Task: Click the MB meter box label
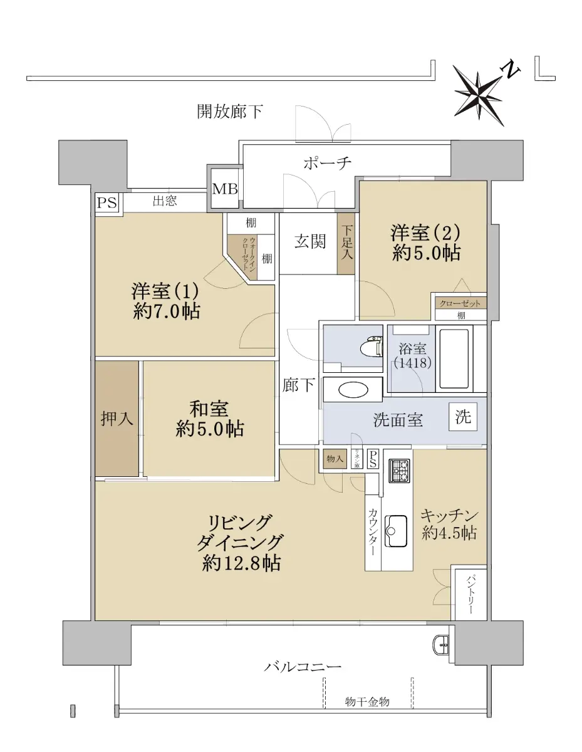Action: (225, 189)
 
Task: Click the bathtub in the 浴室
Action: (454, 358)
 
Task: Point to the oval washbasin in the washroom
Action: (353, 390)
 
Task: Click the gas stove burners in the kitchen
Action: (400, 471)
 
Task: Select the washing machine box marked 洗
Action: (463, 417)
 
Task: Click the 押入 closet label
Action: (117, 419)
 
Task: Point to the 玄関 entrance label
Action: (310, 241)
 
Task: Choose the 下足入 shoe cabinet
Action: (346, 244)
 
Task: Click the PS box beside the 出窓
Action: (107, 202)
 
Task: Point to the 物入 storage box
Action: (335, 459)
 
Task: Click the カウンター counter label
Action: (373, 531)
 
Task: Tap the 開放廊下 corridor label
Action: (230, 112)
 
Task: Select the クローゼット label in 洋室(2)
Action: (460, 303)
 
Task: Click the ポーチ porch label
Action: (327, 163)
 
